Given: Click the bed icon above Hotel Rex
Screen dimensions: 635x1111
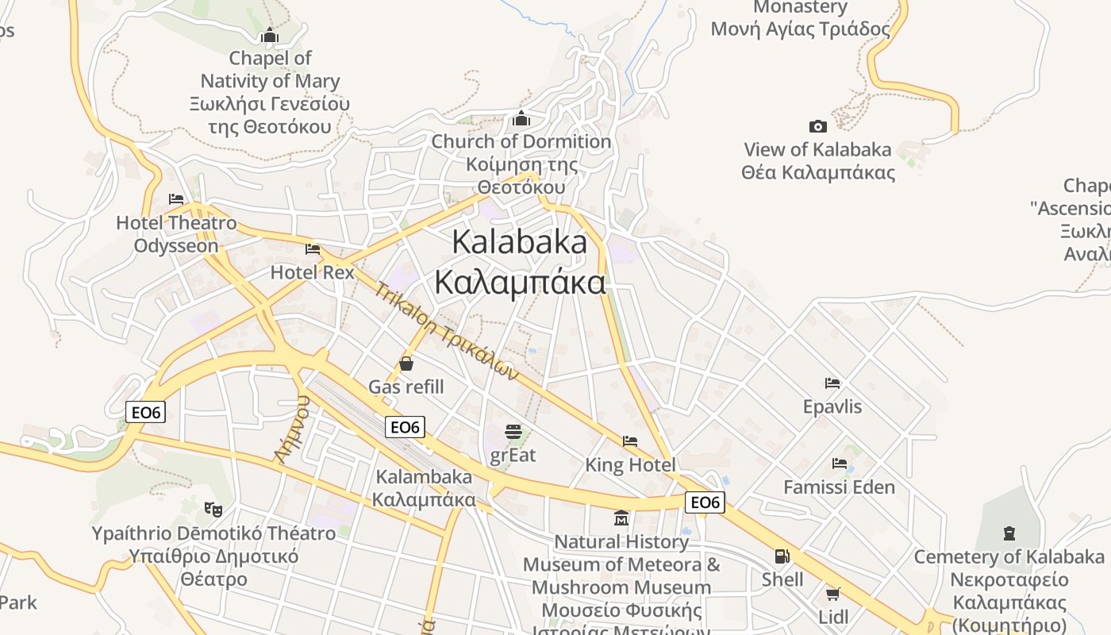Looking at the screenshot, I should (x=313, y=249).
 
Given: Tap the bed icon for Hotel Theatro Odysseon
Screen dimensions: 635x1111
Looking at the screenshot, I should (x=176, y=198).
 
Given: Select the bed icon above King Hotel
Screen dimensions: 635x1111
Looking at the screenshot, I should (x=630, y=441).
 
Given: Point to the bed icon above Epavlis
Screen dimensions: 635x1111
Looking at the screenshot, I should (x=832, y=383).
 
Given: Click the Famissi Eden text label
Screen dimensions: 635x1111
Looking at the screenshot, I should (x=839, y=487).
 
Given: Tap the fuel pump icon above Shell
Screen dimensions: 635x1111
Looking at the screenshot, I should (x=782, y=556).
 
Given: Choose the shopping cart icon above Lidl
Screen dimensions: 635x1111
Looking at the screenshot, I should (x=832, y=594).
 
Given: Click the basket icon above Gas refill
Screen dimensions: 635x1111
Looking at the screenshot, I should (x=406, y=364).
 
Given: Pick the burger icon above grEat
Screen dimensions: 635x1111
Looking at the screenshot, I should (x=513, y=432).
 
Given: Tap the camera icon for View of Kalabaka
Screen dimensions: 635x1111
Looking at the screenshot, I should (x=818, y=126).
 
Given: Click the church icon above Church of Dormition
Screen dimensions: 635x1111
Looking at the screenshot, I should (x=521, y=118).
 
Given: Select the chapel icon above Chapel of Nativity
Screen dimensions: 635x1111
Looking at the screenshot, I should (x=270, y=35).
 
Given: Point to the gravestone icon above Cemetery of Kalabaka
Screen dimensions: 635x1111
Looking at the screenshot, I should (x=1009, y=533).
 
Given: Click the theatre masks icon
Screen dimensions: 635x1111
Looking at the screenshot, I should (x=213, y=509).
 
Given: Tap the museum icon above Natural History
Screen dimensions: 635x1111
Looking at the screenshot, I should (x=621, y=518).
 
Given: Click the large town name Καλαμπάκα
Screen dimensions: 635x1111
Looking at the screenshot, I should (x=520, y=282).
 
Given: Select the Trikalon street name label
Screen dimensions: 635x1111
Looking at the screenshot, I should (x=446, y=331).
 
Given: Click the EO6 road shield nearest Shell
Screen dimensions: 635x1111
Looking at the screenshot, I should (x=705, y=502).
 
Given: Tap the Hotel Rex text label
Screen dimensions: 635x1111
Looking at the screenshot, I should (x=312, y=272).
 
